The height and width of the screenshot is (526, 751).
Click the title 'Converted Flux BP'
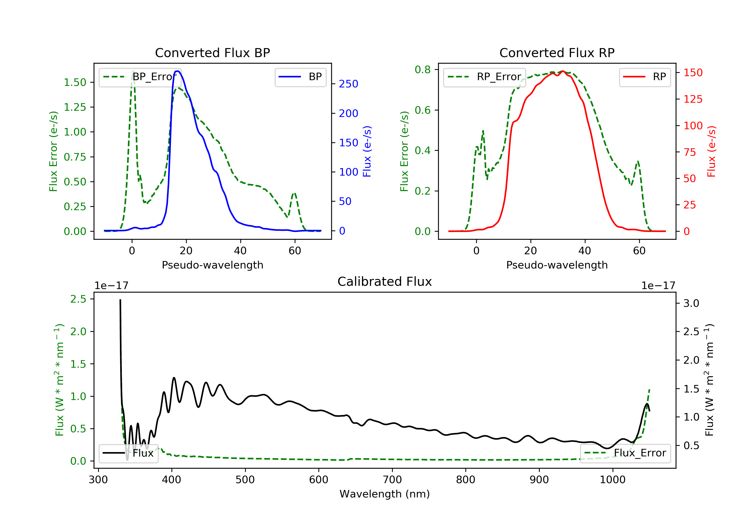[x=212, y=53]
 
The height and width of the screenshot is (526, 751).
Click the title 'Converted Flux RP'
[x=557, y=53]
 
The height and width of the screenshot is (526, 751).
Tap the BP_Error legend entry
[x=140, y=77]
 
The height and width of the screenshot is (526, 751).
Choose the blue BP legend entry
[x=300, y=77]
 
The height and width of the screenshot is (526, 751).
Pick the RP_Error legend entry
[x=484, y=77]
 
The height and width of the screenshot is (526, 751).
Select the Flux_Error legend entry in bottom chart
[x=625, y=453]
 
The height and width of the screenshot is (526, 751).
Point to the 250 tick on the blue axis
[x=348, y=84]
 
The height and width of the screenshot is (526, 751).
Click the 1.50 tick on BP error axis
[x=75, y=82]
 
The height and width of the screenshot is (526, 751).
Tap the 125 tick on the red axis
[x=693, y=99]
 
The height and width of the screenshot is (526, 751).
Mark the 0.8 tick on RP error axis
[x=423, y=69]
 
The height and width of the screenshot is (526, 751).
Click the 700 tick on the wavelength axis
[x=392, y=480]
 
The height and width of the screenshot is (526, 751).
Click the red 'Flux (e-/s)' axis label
[x=711, y=152]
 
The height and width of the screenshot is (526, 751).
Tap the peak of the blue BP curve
[x=177, y=71]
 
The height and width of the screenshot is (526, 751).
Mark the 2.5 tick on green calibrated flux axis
[x=78, y=299]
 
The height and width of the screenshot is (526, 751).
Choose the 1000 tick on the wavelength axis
[x=612, y=480]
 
